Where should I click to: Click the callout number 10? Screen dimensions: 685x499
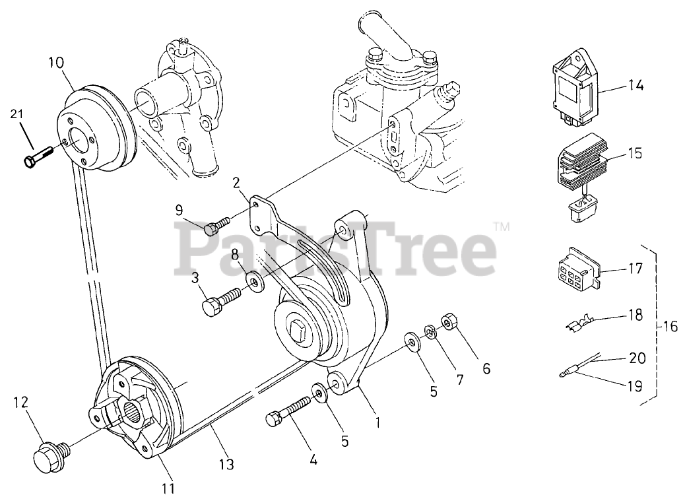pos(55,63)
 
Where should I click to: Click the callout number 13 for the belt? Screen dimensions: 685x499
pos(226,465)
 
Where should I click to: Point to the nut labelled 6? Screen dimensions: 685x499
pos(450,323)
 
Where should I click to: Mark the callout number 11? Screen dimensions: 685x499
pos(169,488)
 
